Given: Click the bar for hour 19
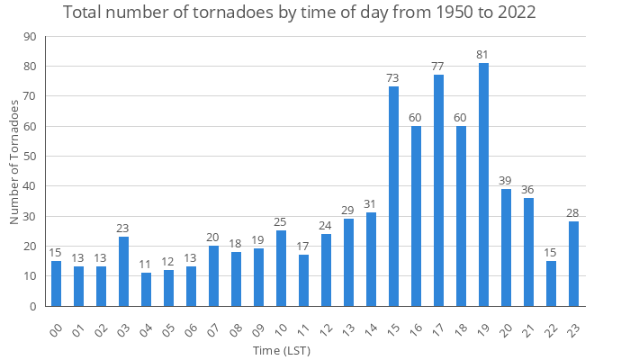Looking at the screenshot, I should pyautogui.click(x=483, y=184).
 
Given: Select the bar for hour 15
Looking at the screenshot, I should pyautogui.click(x=393, y=196).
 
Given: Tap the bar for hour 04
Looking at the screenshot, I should pyautogui.click(x=146, y=289).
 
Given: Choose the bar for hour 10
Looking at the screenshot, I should pyautogui.click(x=281, y=268).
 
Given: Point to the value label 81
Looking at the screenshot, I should pyautogui.click(x=483, y=55).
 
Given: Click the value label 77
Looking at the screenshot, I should pyautogui.click(x=438, y=67).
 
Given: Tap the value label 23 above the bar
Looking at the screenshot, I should pyautogui.click(x=123, y=229).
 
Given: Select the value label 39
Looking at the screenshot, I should pyautogui.click(x=506, y=181).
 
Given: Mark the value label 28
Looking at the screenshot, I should pyautogui.click(x=573, y=213).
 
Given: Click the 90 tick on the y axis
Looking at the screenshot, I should pyautogui.click(x=30, y=37).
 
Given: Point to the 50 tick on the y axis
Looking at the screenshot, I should pyautogui.click(x=30, y=157).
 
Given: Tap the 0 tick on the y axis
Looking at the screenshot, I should pyautogui.click(x=32, y=306).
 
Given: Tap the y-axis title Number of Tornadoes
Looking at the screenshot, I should pyautogui.click(x=14, y=163).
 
